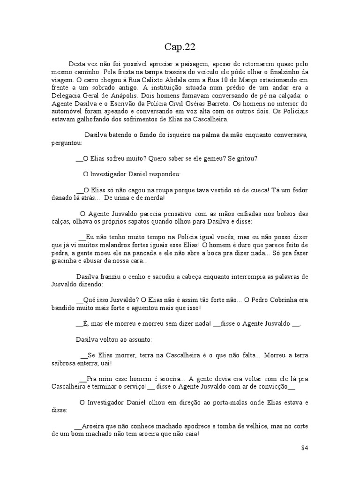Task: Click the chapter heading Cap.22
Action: click(180, 46)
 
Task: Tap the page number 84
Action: click(305, 448)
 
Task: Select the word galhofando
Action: click(98, 119)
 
